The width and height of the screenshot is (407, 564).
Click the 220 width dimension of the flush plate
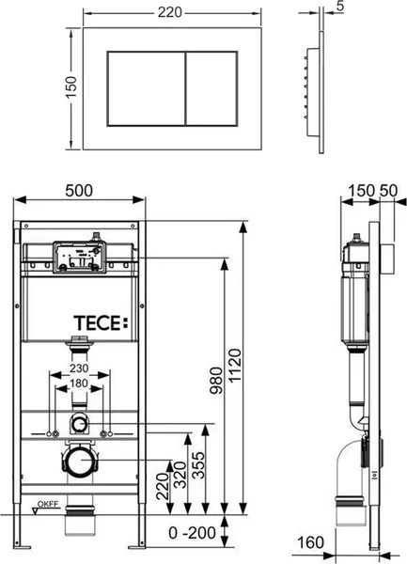click(170, 12)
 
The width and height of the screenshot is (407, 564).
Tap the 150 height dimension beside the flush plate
click(70, 88)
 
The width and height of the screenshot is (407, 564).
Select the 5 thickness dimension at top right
click(340, 6)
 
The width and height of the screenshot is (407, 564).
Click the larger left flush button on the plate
click(147, 89)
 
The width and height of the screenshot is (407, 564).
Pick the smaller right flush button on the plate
click(211, 89)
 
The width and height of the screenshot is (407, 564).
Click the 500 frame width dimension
click(79, 191)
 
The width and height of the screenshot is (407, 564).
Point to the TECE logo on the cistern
click(101, 322)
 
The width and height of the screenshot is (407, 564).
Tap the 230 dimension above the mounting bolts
click(79, 368)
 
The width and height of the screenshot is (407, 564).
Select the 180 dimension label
click(79, 384)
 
